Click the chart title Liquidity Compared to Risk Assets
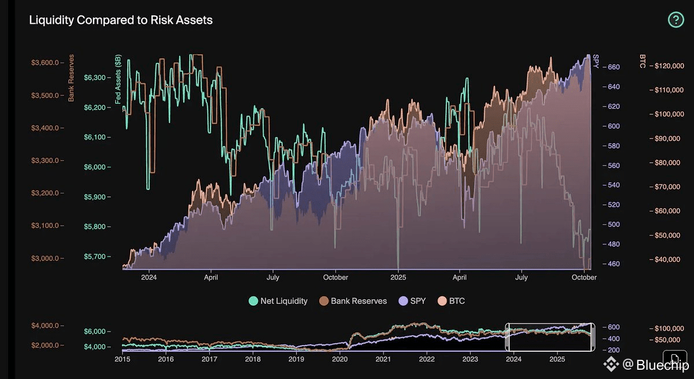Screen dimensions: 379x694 (121, 20)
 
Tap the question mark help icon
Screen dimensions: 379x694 (675, 20)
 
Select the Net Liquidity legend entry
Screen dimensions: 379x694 (278, 301)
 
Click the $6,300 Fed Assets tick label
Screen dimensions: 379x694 (95, 77)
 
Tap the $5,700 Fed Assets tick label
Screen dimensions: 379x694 (95, 257)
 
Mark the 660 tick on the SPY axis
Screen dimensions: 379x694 (613, 67)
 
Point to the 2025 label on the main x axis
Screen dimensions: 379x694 (398, 278)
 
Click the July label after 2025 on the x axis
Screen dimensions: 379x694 (522, 278)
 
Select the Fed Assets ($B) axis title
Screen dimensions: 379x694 (118, 78)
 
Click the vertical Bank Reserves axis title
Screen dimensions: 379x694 (72, 78)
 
